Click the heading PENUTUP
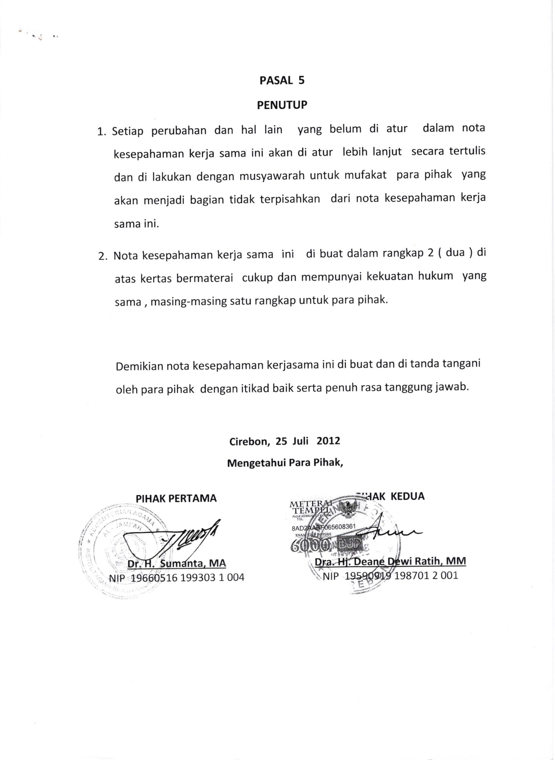pyautogui.click(x=282, y=105)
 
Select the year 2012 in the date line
pyautogui.click(x=328, y=441)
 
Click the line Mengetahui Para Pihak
pyautogui.click(x=285, y=463)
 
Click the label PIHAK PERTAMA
pyautogui.click(x=176, y=498)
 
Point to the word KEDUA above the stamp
pyautogui.click(x=408, y=496)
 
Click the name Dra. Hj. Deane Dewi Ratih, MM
pyautogui.click(x=390, y=561)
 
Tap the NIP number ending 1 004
pyautogui.click(x=177, y=577)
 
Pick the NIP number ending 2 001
pyautogui.click(x=390, y=576)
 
